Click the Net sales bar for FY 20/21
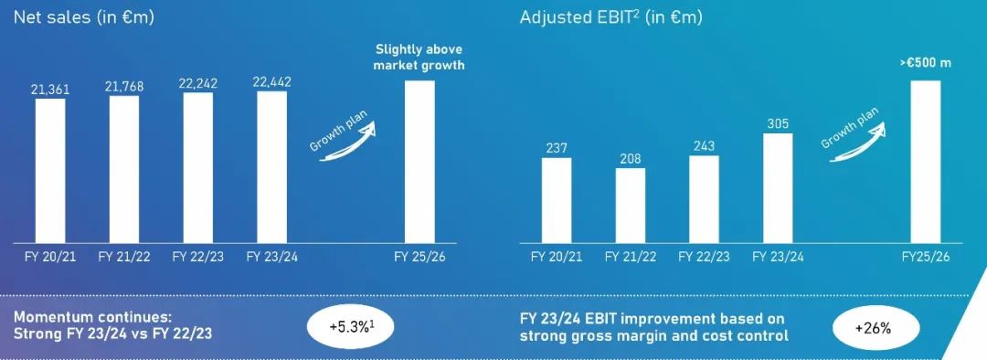point(50,171)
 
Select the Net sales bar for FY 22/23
point(197,167)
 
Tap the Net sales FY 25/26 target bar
point(419,162)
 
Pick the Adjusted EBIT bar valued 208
point(630,206)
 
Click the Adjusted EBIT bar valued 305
point(778,188)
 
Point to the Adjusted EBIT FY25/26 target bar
point(925,162)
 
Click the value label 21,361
point(50,90)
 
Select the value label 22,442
point(272,82)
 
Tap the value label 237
point(557,149)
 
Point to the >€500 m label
point(925,64)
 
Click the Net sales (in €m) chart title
point(84,17)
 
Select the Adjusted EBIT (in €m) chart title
point(610,17)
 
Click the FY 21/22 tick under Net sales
point(124,257)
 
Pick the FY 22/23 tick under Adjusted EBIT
point(705,257)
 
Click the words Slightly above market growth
point(419,58)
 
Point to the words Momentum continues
point(92,316)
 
